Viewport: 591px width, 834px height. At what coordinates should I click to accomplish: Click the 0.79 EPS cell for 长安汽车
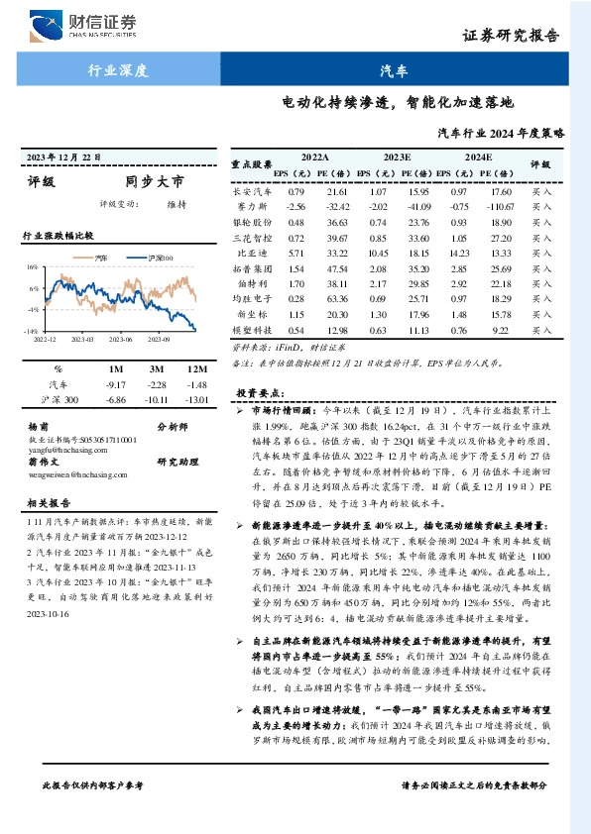(x=295, y=190)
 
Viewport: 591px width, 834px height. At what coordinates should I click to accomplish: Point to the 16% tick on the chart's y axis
(x=33, y=267)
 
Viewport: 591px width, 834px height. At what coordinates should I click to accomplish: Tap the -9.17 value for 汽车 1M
(x=116, y=383)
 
